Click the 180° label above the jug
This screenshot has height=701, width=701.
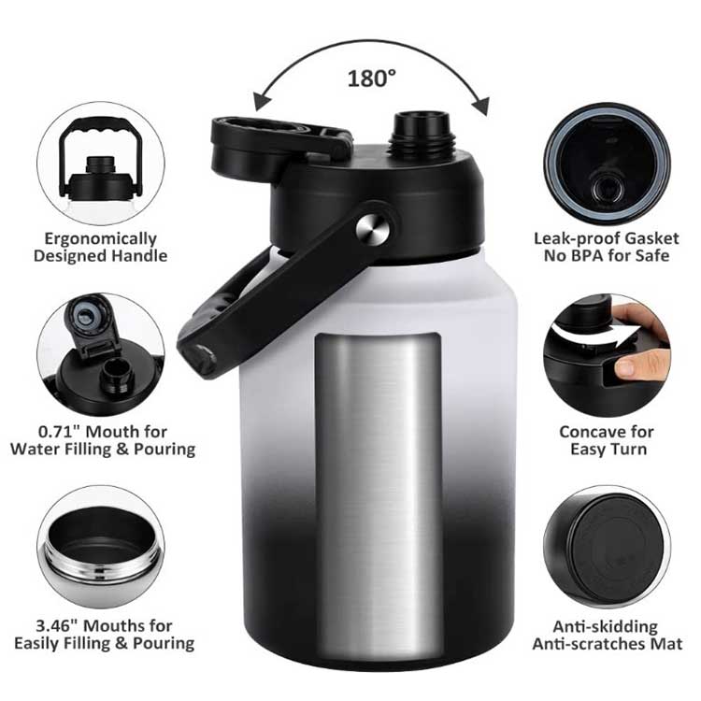coord(371,79)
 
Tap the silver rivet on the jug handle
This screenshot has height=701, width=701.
coord(372,229)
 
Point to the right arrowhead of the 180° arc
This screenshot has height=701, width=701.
coord(480,106)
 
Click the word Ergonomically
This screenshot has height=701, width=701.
coord(101,239)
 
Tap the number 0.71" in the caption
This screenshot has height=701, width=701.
coord(58,432)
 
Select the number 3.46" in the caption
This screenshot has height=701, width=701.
coord(56,626)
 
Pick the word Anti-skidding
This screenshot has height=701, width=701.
coord(606,627)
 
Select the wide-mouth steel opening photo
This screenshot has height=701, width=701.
coord(101,548)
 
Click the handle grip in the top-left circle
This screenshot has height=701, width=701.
coord(101,126)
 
